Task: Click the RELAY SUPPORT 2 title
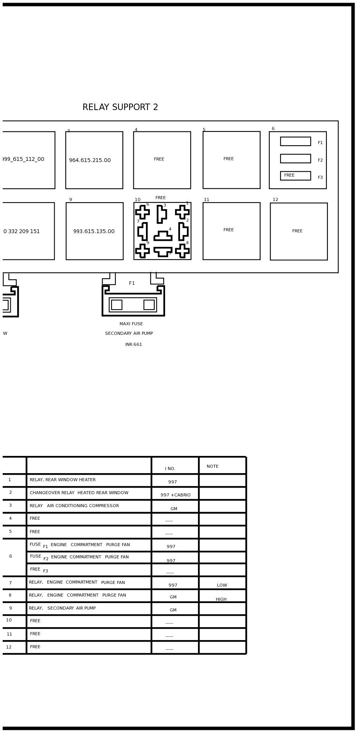pyautogui.click(x=120, y=107)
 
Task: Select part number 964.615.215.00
pyautogui.click(x=90, y=161)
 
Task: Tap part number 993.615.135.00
pyautogui.click(x=94, y=232)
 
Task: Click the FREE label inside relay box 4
pyautogui.click(x=159, y=159)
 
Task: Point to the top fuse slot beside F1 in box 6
pyautogui.click(x=295, y=141)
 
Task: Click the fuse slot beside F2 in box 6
pyautogui.click(x=295, y=159)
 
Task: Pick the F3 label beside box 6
pyautogui.click(x=320, y=178)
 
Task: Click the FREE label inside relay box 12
pyautogui.click(x=297, y=231)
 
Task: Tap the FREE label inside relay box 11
pyautogui.click(x=229, y=230)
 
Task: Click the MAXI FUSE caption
pyautogui.click(x=131, y=324)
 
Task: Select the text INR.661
pyautogui.click(x=134, y=345)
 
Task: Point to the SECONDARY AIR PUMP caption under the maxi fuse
pyautogui.click(x=129, y=334)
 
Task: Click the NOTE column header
pyautogui.click(x=212, y=467)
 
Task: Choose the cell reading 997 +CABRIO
pyautogui.click(x=175, y=495)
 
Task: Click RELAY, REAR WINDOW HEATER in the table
pyautogui.click(x=63, y=480)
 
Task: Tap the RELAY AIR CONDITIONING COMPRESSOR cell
pyautogui.click(x=74, y=506)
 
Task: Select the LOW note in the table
pyautogui.click(x=222, y=585)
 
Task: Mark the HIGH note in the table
pyautogui.click(x=221, y=600)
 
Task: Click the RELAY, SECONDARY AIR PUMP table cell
pyautogui.click(x=62, y=608)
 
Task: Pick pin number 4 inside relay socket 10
pyautogui.click(x=170, y=229)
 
